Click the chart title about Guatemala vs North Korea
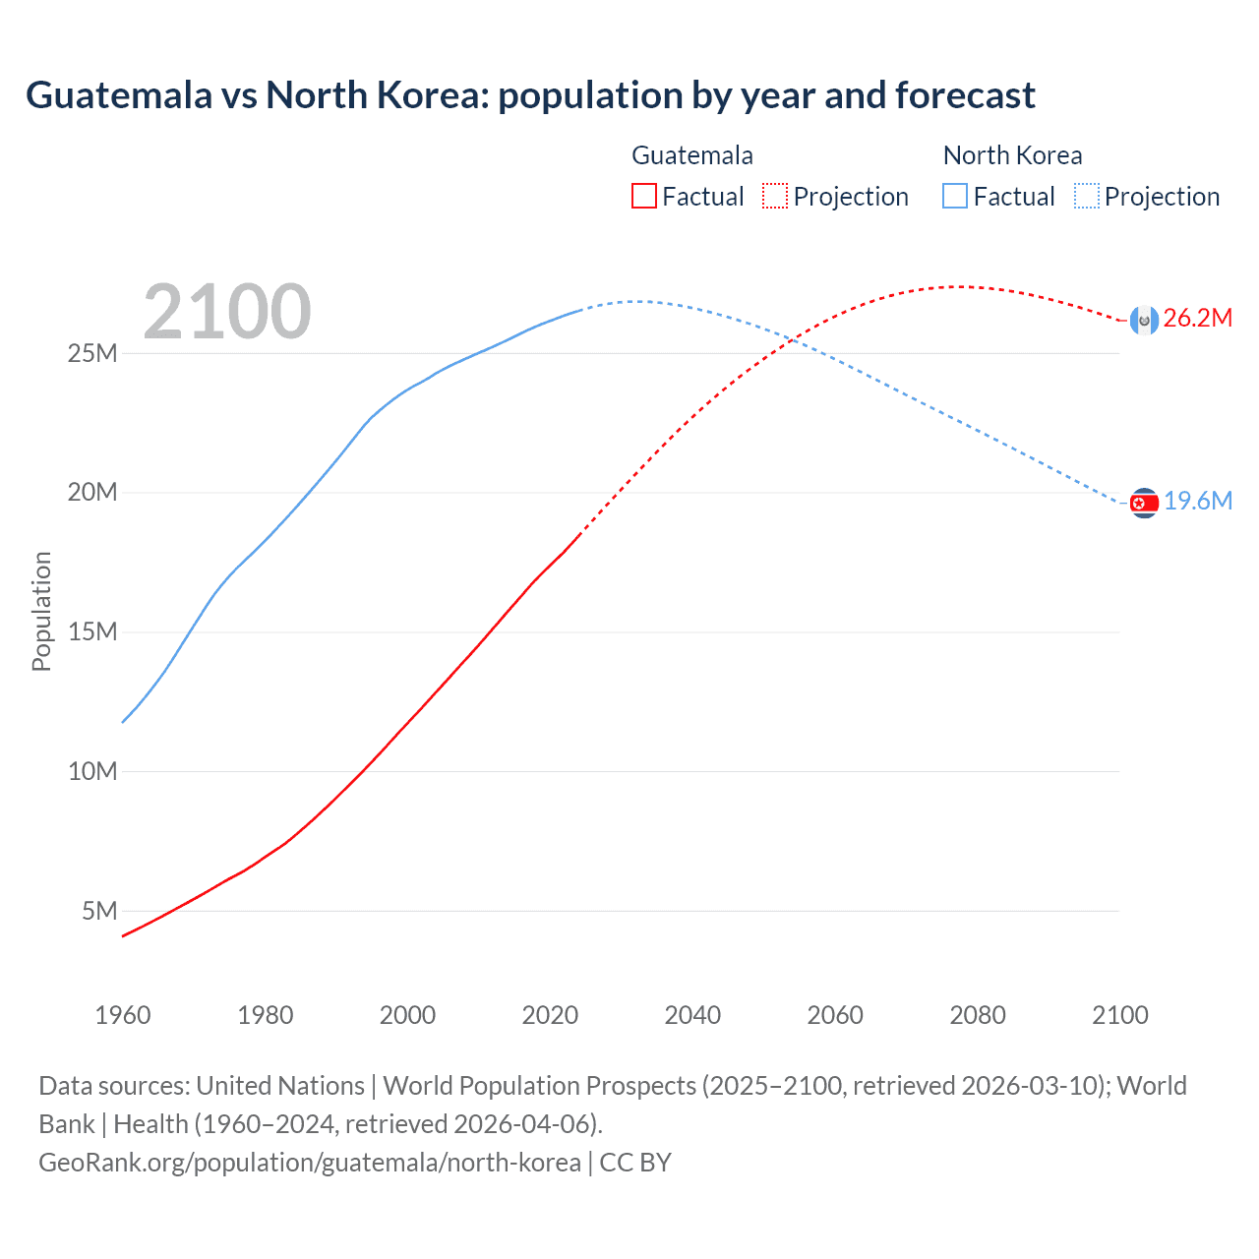pos(530,95)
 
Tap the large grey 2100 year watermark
pos(227,312)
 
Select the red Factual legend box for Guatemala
pos(643,197)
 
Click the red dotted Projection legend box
pos(775,197)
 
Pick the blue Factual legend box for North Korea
pos(954,197)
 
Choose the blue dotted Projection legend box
pos(1086,197)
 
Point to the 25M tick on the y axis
pos(92,353)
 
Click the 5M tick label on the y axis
pos(99,911)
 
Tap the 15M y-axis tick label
pos(92,631)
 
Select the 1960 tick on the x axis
pos(123,1015)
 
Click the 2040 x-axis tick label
pos(692,1015)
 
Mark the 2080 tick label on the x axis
pos(978,1015)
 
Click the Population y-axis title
pos(41,611)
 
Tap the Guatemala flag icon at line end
pos(1144,320)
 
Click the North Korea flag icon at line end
pos(1144,503)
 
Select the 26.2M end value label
pos(1197,318)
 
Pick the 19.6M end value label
pos(1198,502)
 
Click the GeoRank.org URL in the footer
pos(310,1163)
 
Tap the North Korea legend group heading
pos(1012,155)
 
